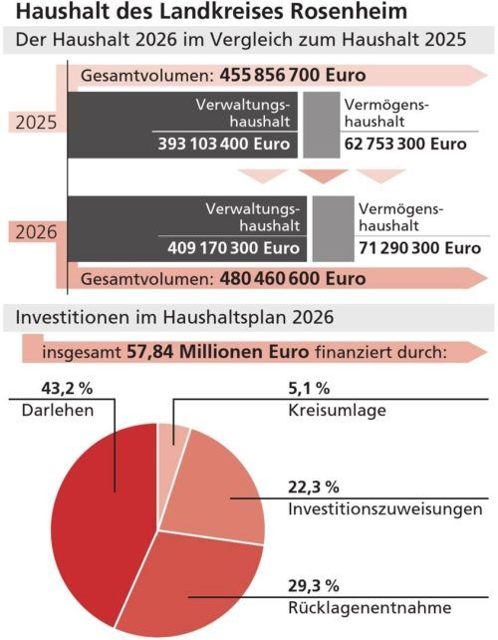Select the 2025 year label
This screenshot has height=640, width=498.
click(37, 124)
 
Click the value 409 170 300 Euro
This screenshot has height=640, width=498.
click(233, 247)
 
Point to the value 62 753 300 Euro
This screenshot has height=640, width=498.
click(404, 144)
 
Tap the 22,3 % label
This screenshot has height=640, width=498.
click(312, 486)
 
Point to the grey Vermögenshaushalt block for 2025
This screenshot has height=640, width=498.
click(318, 124)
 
